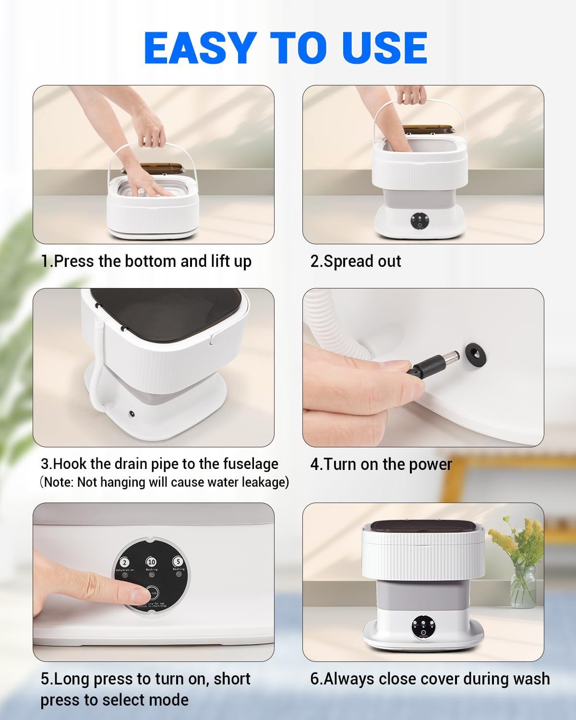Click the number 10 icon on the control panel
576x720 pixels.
click(152, 562)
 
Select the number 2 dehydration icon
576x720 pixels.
click(125, 563)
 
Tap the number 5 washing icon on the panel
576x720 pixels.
click(178, 561)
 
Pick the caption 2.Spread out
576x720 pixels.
click(355, 261)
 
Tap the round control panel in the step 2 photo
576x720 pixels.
click(419, 220)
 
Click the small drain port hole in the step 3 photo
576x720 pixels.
click(131, 413)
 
